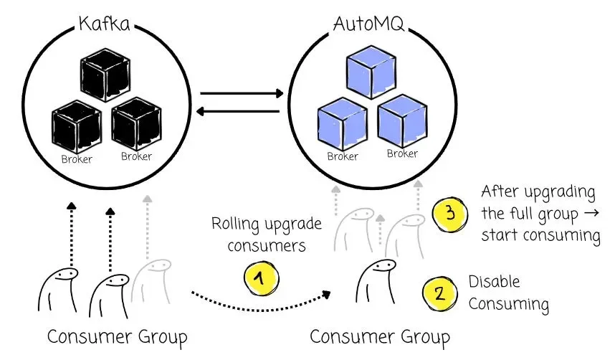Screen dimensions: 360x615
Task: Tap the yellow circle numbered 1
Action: coord(260,278)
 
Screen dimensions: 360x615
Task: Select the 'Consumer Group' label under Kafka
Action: coord(118,336)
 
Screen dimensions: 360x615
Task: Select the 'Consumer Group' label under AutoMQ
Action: coord(379,336)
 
